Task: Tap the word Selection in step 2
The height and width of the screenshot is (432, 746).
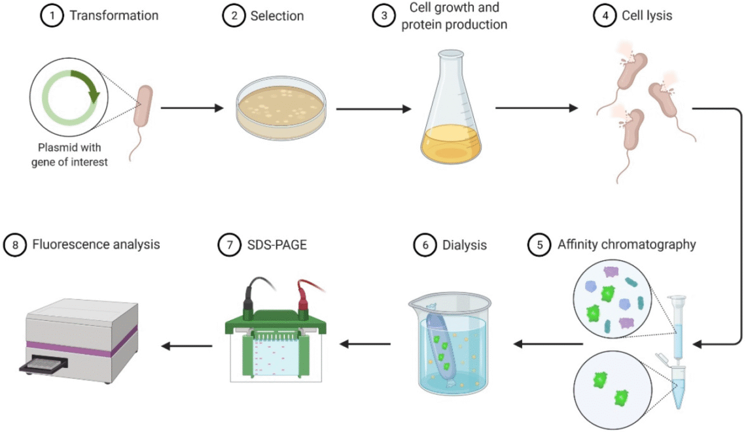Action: (x=277, y=15)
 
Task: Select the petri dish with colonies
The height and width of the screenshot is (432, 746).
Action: (x=279, y=112)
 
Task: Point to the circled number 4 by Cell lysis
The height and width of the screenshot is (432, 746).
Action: (x=605, y=15)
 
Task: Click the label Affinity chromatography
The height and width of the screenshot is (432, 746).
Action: (x=626, y=244)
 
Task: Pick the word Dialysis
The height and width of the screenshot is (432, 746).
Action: (x=464, y=245)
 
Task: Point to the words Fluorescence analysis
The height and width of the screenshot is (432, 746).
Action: (x=96, y=245)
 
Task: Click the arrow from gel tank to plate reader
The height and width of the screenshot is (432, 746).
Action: (x=187, y=346)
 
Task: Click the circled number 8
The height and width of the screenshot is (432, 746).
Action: (x=13, y=245)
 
